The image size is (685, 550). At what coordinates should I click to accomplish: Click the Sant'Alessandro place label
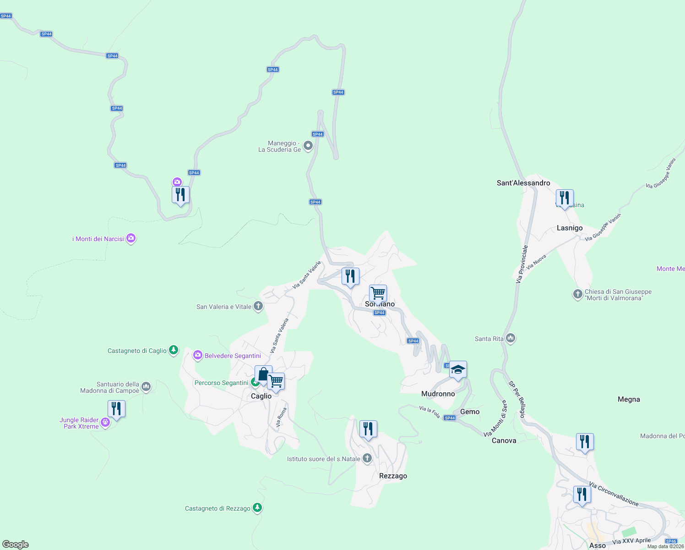[523, 183]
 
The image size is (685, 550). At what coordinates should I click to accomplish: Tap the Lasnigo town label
[570, 228]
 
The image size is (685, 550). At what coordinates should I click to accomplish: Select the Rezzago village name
[393, 476]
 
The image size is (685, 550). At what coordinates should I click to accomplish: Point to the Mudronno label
[438, 394]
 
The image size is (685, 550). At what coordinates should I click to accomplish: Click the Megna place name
[629, 399]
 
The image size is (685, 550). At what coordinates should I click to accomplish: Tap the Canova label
[504, 440]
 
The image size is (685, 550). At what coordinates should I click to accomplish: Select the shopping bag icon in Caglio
[263, 374]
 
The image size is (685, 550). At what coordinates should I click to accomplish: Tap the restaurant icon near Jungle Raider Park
[116, 408]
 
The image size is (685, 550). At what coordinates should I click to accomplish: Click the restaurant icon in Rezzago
[368, 429]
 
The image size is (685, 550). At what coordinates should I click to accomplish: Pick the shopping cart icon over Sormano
[378, 292]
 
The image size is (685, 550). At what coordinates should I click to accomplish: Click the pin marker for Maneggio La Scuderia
[308, 146]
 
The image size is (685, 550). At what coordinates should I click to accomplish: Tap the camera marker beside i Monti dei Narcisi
[131, 238]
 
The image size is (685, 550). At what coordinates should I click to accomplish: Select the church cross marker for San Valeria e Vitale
[258, 306]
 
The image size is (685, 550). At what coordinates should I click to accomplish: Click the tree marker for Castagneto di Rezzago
[257, 508]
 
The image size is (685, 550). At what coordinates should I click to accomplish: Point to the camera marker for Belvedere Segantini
[197, 355]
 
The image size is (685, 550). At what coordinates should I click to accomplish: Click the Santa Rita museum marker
[511, 339]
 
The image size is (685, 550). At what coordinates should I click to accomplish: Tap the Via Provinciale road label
[522, 264]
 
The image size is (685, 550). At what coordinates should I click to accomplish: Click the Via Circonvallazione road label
[614, 494]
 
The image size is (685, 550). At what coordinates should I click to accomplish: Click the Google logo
[16, 544]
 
